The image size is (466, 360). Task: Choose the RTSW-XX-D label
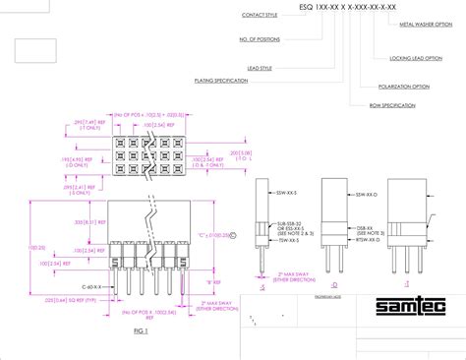pos(369,239)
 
